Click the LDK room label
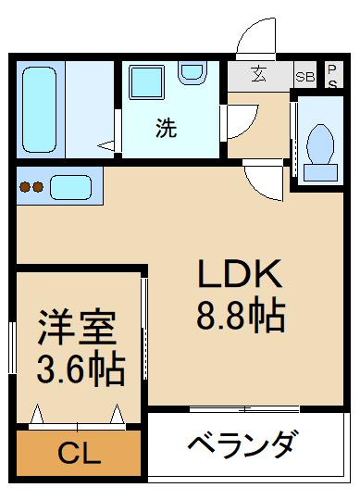tap(236, 275)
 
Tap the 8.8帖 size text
tap(239, 317)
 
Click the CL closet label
tap(80, 454)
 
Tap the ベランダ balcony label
tap(242, 444)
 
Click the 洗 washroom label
tap(165, 130)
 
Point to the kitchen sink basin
tap(70, 187)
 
